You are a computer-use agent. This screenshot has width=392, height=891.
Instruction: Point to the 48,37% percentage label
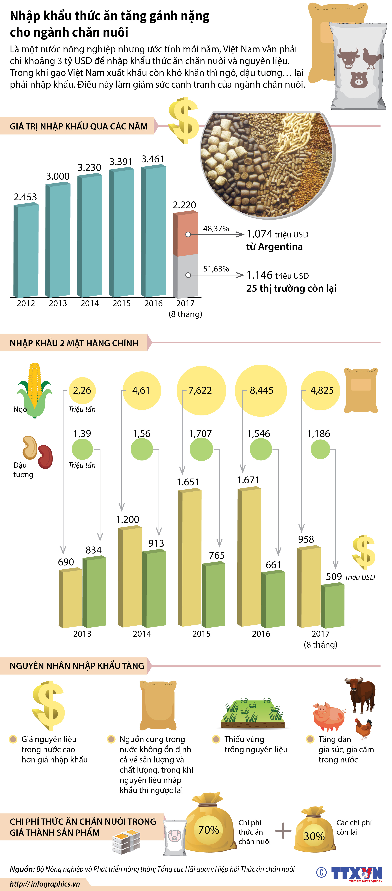[x=216, y=229]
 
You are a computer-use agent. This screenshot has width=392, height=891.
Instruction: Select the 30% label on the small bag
[x=314, y=836]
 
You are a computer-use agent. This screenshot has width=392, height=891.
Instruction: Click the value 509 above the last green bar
[x=334, y=577]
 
